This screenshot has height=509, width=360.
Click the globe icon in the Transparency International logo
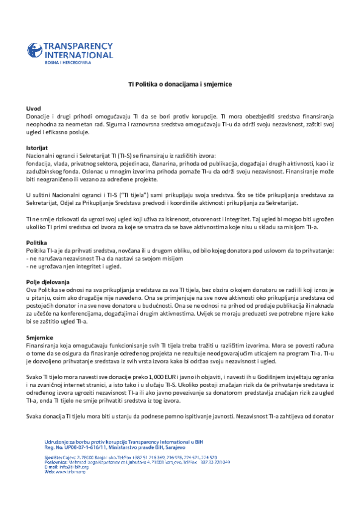[x=35, y=51]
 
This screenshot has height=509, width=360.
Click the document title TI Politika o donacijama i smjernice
[x=180, y=84]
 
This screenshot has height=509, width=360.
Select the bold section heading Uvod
[x=33, y=108]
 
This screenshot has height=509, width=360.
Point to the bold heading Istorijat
[x=36, y=148]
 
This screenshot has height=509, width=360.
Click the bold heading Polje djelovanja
[x=48, y=282]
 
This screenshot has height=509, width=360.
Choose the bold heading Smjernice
[x=40, y=338]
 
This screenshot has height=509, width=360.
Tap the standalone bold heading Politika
[x=36, y=243]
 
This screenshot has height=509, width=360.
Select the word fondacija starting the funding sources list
[x=40, y=163]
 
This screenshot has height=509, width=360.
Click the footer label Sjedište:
[x=53, y=457]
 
